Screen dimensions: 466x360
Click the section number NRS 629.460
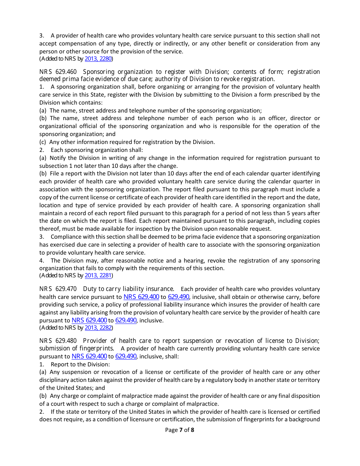[x=58, y=72]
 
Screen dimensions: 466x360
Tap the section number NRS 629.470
[x=58, y=289]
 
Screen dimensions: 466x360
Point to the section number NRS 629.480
[x=58, y=341]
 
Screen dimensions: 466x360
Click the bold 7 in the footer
[x=181, y=430]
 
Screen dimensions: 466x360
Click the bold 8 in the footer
[x=193, y=430]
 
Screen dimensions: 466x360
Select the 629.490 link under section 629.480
[x=126, y=357]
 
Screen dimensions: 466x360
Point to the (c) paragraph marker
[x=43, y=142]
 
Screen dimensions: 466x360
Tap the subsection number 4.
[x=41, y=261]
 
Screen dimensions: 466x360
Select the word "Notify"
[x=57, y=158]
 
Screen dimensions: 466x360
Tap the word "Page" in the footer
[x=171, y=430]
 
